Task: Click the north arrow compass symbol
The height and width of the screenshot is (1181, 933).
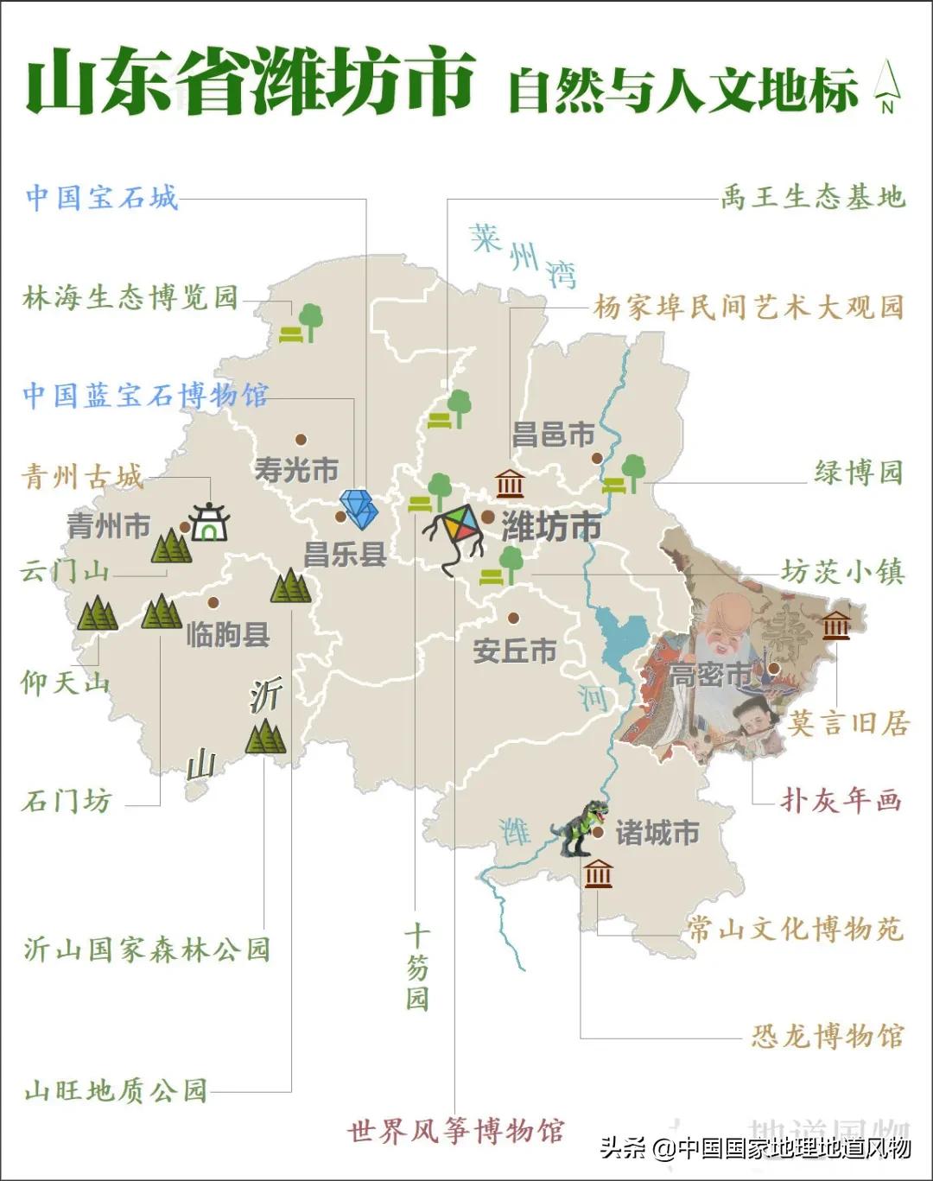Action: click(887, 86)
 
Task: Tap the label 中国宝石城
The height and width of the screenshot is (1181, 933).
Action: click(102, 198)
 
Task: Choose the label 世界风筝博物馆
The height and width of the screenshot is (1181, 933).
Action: click(455, 1131)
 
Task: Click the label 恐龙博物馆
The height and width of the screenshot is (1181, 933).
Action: click(827, 1036)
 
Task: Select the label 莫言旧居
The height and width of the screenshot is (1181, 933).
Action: click(847, 723)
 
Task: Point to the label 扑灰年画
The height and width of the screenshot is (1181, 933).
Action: click(841, 800)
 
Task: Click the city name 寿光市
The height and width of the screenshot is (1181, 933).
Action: click(296, 471)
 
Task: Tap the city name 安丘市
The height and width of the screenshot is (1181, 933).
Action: click(514, 650)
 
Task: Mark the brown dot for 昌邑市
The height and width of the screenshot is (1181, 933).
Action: click(596, 458)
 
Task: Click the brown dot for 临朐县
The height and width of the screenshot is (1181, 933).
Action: click(213, 603)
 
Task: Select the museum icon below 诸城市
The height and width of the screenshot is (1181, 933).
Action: click(598, 874)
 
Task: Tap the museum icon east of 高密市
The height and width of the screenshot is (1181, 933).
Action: click(835, 625)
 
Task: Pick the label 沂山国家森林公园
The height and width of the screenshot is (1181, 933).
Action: click(147, 949)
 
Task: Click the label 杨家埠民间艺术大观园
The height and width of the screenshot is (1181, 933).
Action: click(748, 307)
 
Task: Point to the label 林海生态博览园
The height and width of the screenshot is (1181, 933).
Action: click(130, 298)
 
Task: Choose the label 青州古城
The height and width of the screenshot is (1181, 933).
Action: click(82, 476)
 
